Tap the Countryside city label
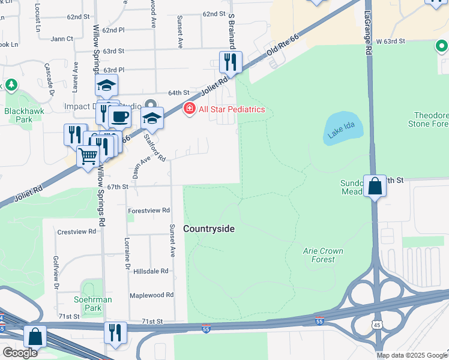[x=208, y=229]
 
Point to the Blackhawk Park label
[x=17, y=115]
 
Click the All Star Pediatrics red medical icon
[x=190, y=109]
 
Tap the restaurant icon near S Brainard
[x=229, y=61]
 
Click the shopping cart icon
[x=88, y=157]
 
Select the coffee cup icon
[x=121, y=116]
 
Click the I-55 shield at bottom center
[x=205, y=330]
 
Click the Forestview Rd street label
[x=149, y=211]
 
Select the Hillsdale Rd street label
[x=151, y=271]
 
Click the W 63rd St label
[x=391, y=41]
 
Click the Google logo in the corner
[x=20, y=353]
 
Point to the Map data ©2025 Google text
[x=412, y=355]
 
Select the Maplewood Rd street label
[x=151, y=295]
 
